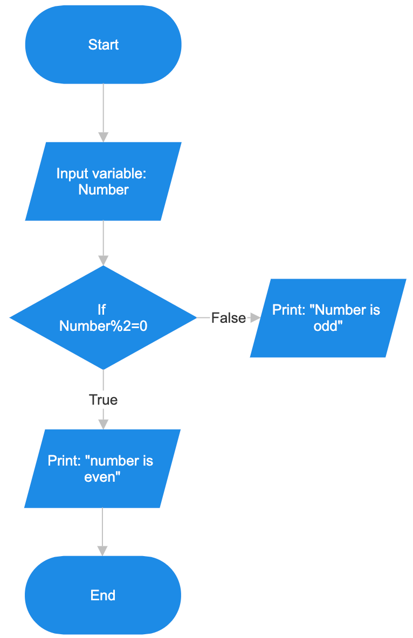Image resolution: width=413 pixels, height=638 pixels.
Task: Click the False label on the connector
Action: pos(228,318)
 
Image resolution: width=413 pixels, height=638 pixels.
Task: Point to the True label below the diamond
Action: pos(103,400)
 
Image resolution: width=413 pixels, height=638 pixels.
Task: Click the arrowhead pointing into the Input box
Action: pos(103,137)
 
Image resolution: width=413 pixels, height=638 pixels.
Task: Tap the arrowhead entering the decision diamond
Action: pos(103,260)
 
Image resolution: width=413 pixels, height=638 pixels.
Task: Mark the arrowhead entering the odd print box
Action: pos(255,318)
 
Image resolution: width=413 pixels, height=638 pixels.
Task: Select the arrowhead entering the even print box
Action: pos(102,424)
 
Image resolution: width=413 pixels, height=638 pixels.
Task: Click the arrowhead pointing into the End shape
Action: pos(102,550)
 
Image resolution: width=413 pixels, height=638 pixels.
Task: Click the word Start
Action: pos(103,45)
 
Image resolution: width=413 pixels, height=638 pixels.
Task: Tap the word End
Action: pos(103,595)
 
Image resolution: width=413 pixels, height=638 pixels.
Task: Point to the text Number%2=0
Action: pos(103,325)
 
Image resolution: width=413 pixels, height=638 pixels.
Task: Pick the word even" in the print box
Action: pos(102,477)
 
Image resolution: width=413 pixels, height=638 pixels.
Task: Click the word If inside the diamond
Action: pos(101,309)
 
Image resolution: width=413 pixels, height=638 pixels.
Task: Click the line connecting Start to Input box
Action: pos(103,108)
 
